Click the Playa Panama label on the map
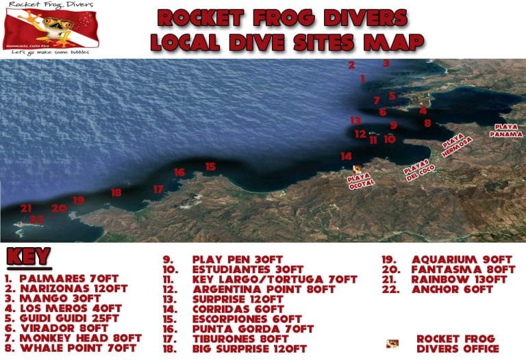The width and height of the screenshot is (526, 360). click(x=506, y=130)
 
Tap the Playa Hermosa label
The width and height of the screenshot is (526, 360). click(x=457, y=144)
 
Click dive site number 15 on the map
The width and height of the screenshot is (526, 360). click(x=210, y=166)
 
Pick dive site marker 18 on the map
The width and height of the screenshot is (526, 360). click(x=116, y=193)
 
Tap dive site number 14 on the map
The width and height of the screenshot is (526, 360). click(x=347, y=156)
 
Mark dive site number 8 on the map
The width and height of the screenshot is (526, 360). click(x=427, y=123)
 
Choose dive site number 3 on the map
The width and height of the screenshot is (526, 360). click(x=386, y=64)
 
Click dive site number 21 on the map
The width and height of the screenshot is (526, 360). click(x=26, y=208)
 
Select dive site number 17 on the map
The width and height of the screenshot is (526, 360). click(x=158, y=189)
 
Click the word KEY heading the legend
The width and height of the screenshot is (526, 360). click(x=29, y=257)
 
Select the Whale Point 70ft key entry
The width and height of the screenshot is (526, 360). click(x=71, y=348)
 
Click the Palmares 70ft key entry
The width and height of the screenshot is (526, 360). click(x=62, y=279)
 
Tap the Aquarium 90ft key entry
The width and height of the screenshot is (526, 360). click(x=452, y=259)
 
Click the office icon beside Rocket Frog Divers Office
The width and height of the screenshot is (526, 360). click(x=392, y=342)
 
